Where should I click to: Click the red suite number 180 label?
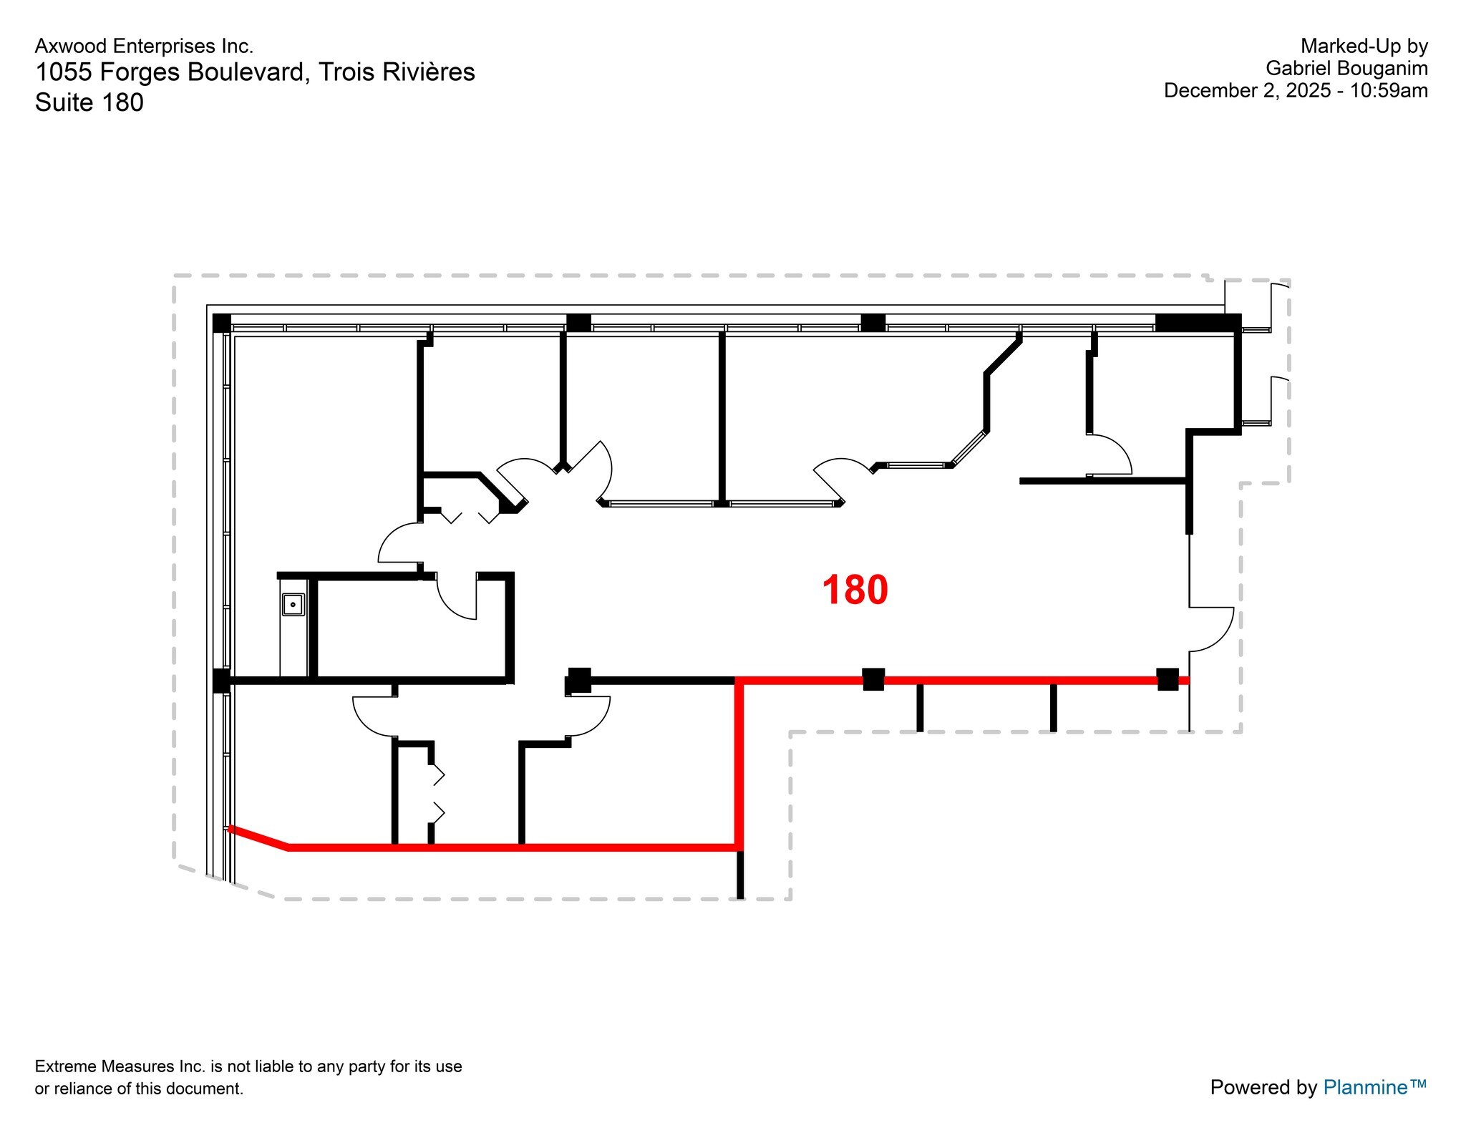pos(855,590)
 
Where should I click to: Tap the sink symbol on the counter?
pos(293,605)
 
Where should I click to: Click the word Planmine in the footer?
pos(1365,1087)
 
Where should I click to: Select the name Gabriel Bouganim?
pos(1346,69)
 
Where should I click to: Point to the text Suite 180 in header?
pos(89,102)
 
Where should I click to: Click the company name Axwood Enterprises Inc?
pos(144,47)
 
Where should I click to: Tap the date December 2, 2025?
pos(1247,91)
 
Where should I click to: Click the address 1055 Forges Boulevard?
pos(172,72)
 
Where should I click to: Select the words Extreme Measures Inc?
pos(120,1066)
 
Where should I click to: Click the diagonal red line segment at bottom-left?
pos(258,838)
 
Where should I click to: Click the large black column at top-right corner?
pos(1198,323)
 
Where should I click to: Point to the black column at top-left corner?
pos(222,323)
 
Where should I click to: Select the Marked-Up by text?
pos(1364,47)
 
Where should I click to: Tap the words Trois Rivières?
pos(396,72)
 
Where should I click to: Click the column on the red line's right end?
pos(1168,679)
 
